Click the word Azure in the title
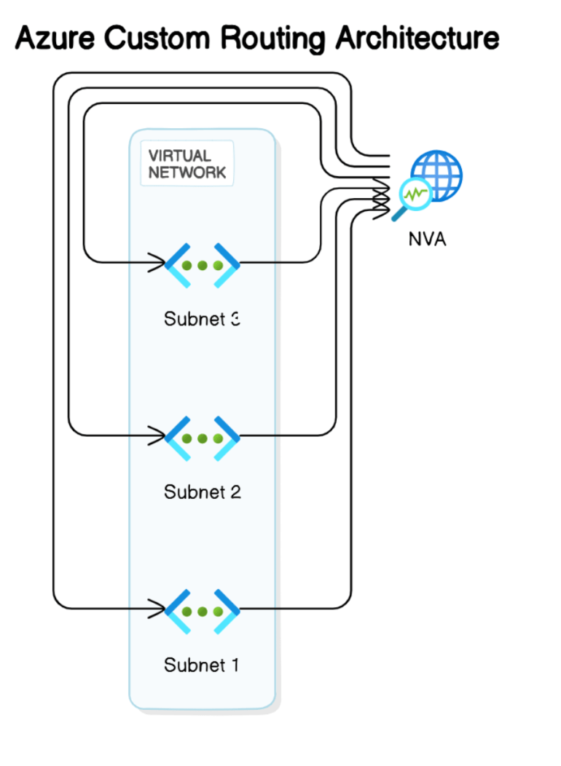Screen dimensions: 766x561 pos(54,38)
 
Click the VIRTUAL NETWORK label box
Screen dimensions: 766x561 pos(187,164)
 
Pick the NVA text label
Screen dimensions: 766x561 pos(427,238)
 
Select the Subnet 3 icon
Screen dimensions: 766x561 pos(202,264)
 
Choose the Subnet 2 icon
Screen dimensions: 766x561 pos(202,438)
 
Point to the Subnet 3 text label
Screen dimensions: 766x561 pos(202,319)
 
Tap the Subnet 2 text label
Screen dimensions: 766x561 pos(202,492)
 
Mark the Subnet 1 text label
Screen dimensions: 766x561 pos(202,665)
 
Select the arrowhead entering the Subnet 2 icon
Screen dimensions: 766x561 pos(157,435)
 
